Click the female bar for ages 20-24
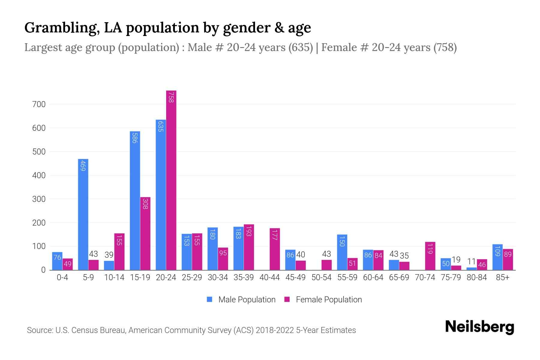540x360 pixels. coord(171,180)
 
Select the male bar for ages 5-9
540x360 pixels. coord(83,214)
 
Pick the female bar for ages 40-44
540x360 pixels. coord(275,249)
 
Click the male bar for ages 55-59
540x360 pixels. coord(342,252)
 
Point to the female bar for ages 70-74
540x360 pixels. coord(430,256)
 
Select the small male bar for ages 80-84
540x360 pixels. coord(472,268)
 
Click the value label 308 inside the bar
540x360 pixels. coord(145,204)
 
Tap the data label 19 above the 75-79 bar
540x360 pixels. coord(456,259)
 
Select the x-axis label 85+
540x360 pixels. coord(502,277)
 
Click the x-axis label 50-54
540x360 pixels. coord(321,277)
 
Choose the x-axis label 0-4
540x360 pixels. coord(62,277)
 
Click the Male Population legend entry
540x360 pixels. coord(247,300)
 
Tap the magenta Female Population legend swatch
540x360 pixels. coord(287,299)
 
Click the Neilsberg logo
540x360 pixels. coord(479,327)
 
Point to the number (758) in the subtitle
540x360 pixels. coord(445,47)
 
